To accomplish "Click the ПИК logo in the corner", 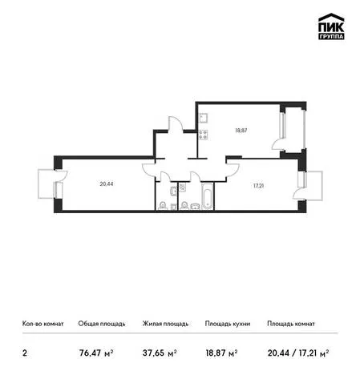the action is (x=331, y=26).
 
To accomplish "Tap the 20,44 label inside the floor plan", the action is (x=107, y=183).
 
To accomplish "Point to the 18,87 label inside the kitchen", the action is (x=241, y=131).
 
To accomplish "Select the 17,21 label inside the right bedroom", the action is (x=258, y=186).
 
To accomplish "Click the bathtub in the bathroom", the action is (x=208, y=196).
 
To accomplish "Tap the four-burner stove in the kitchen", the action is (x=203, y=135).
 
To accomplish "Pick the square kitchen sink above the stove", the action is (x=203, y=118).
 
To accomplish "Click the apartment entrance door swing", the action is (x=176, y=124).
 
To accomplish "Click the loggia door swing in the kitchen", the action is (x=278, y=144).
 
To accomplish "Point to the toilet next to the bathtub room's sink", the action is (x=184, y=206).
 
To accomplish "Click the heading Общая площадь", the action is (x=102, y=324).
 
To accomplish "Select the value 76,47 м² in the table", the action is (x=96, y=353).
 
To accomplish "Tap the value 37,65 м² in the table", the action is (x=160, y=353).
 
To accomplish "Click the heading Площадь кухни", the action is (x=228, y=324).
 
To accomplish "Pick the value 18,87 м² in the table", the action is (x=221, y=353).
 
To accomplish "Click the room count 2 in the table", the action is (x=25, y=353).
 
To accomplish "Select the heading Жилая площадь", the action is (x=165, y=324).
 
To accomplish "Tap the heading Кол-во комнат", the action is (x=43, y=324).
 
